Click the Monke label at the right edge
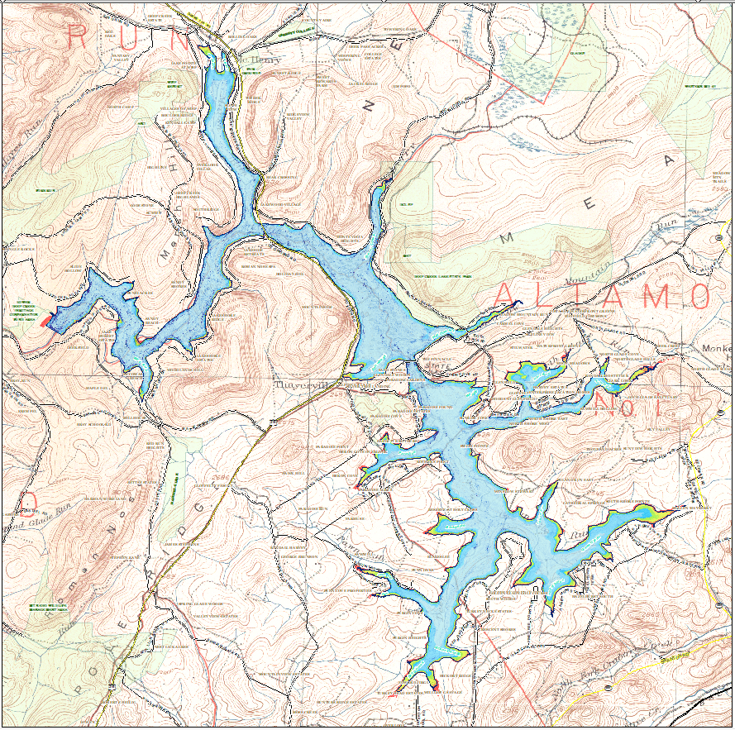[x=716, y=350]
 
